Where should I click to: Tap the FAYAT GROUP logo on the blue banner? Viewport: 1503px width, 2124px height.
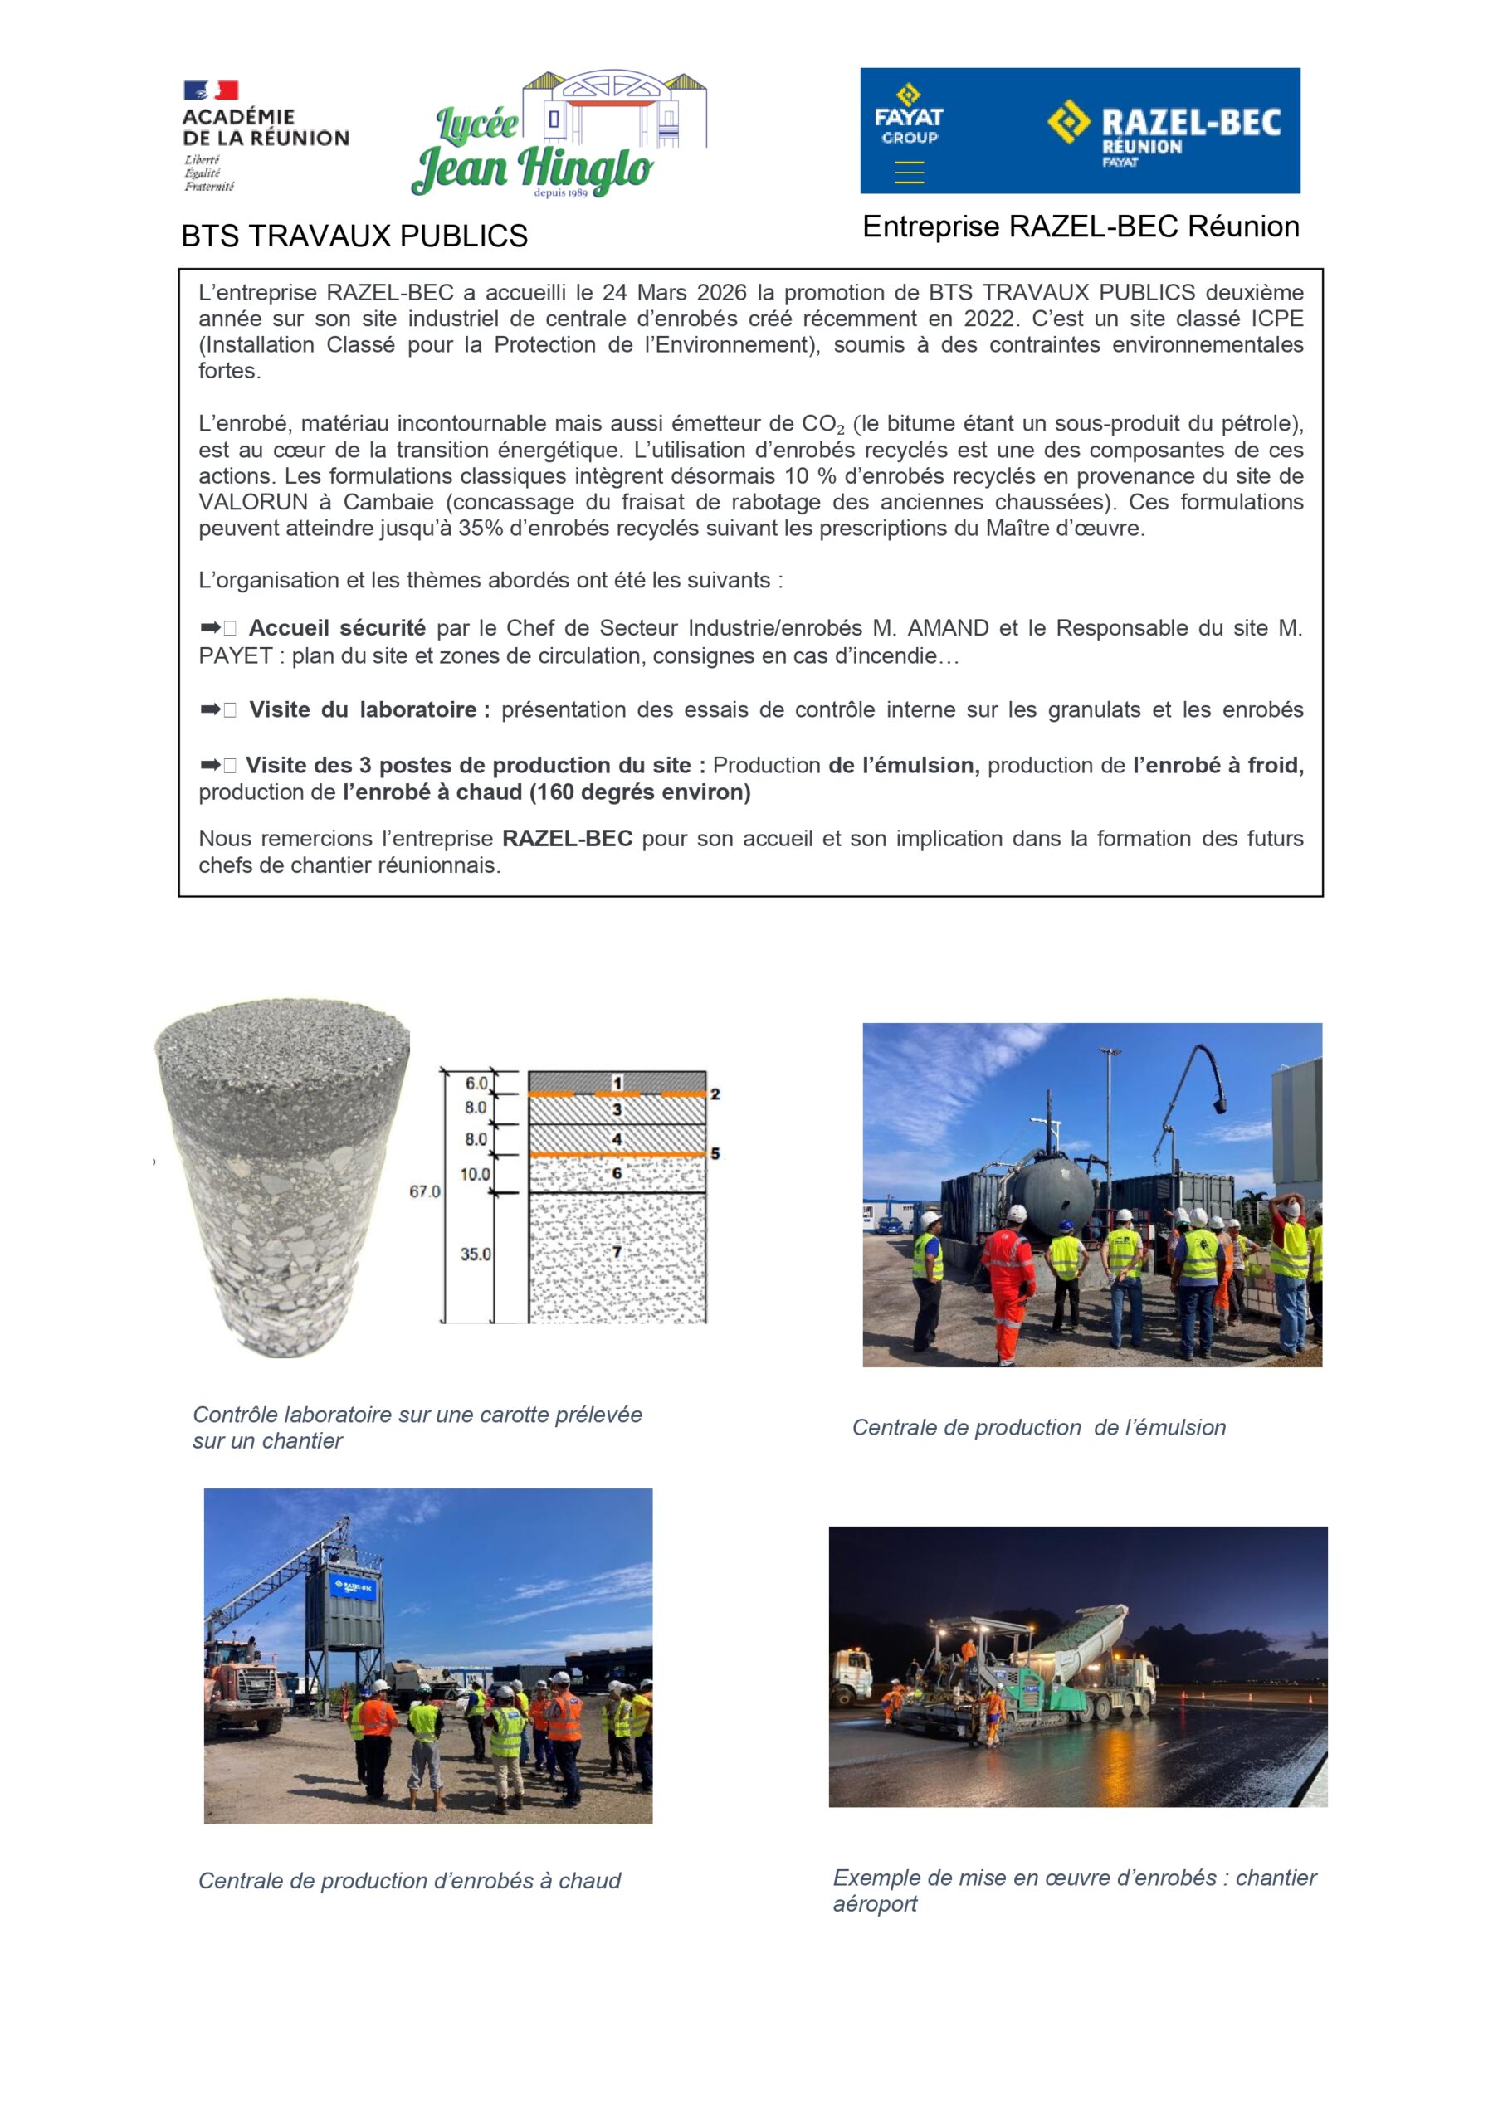click(x=908, y=116)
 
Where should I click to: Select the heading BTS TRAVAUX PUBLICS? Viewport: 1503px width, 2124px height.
click(x=354, y=236)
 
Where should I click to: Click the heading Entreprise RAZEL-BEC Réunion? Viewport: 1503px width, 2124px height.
click(x=1080, y=227)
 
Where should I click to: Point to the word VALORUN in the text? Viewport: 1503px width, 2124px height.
click(x=252, y=502)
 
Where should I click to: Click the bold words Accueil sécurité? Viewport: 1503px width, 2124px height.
click(x=337, y=628)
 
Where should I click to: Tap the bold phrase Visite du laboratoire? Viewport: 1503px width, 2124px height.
click(x=363, y=709)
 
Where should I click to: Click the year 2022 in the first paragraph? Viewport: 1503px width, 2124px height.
click(x=989, y=319)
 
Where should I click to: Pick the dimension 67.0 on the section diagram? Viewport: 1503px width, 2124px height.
click(x=425, y=1191)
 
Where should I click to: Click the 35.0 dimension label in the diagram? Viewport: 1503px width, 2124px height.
click(x=476, y=1254)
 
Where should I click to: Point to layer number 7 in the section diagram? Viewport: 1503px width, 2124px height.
click(x=617, y=1253)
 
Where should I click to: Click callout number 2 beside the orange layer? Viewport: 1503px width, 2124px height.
click(x=715, y=1094)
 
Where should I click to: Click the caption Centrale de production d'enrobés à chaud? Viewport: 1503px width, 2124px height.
click(x=409, y=1881)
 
